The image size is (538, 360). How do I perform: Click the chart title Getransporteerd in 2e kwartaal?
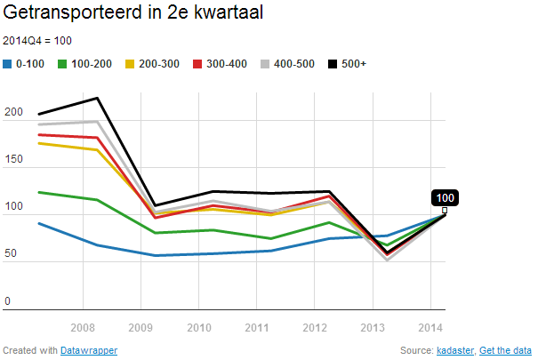pos(133,15)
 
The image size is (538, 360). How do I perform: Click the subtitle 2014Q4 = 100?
pos(37,41)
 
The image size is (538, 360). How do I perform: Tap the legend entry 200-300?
pos(150,64)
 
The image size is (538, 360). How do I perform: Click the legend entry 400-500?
pos(287,64)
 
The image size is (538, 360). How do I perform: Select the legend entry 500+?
pos(347,64)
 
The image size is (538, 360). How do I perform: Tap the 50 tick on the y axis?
pos(11,254)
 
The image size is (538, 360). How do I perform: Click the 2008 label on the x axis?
pos(83,326)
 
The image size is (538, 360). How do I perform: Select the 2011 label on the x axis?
pos(256,326)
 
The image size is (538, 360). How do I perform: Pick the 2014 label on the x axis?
pos(430,326)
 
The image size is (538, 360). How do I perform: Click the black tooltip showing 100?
pos(445,197)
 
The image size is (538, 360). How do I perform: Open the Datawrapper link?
pos(89,350)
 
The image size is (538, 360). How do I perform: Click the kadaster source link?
pos(456,350)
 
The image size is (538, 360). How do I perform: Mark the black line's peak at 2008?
pos(97,98)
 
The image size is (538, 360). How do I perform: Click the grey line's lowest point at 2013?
pos(387,259)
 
